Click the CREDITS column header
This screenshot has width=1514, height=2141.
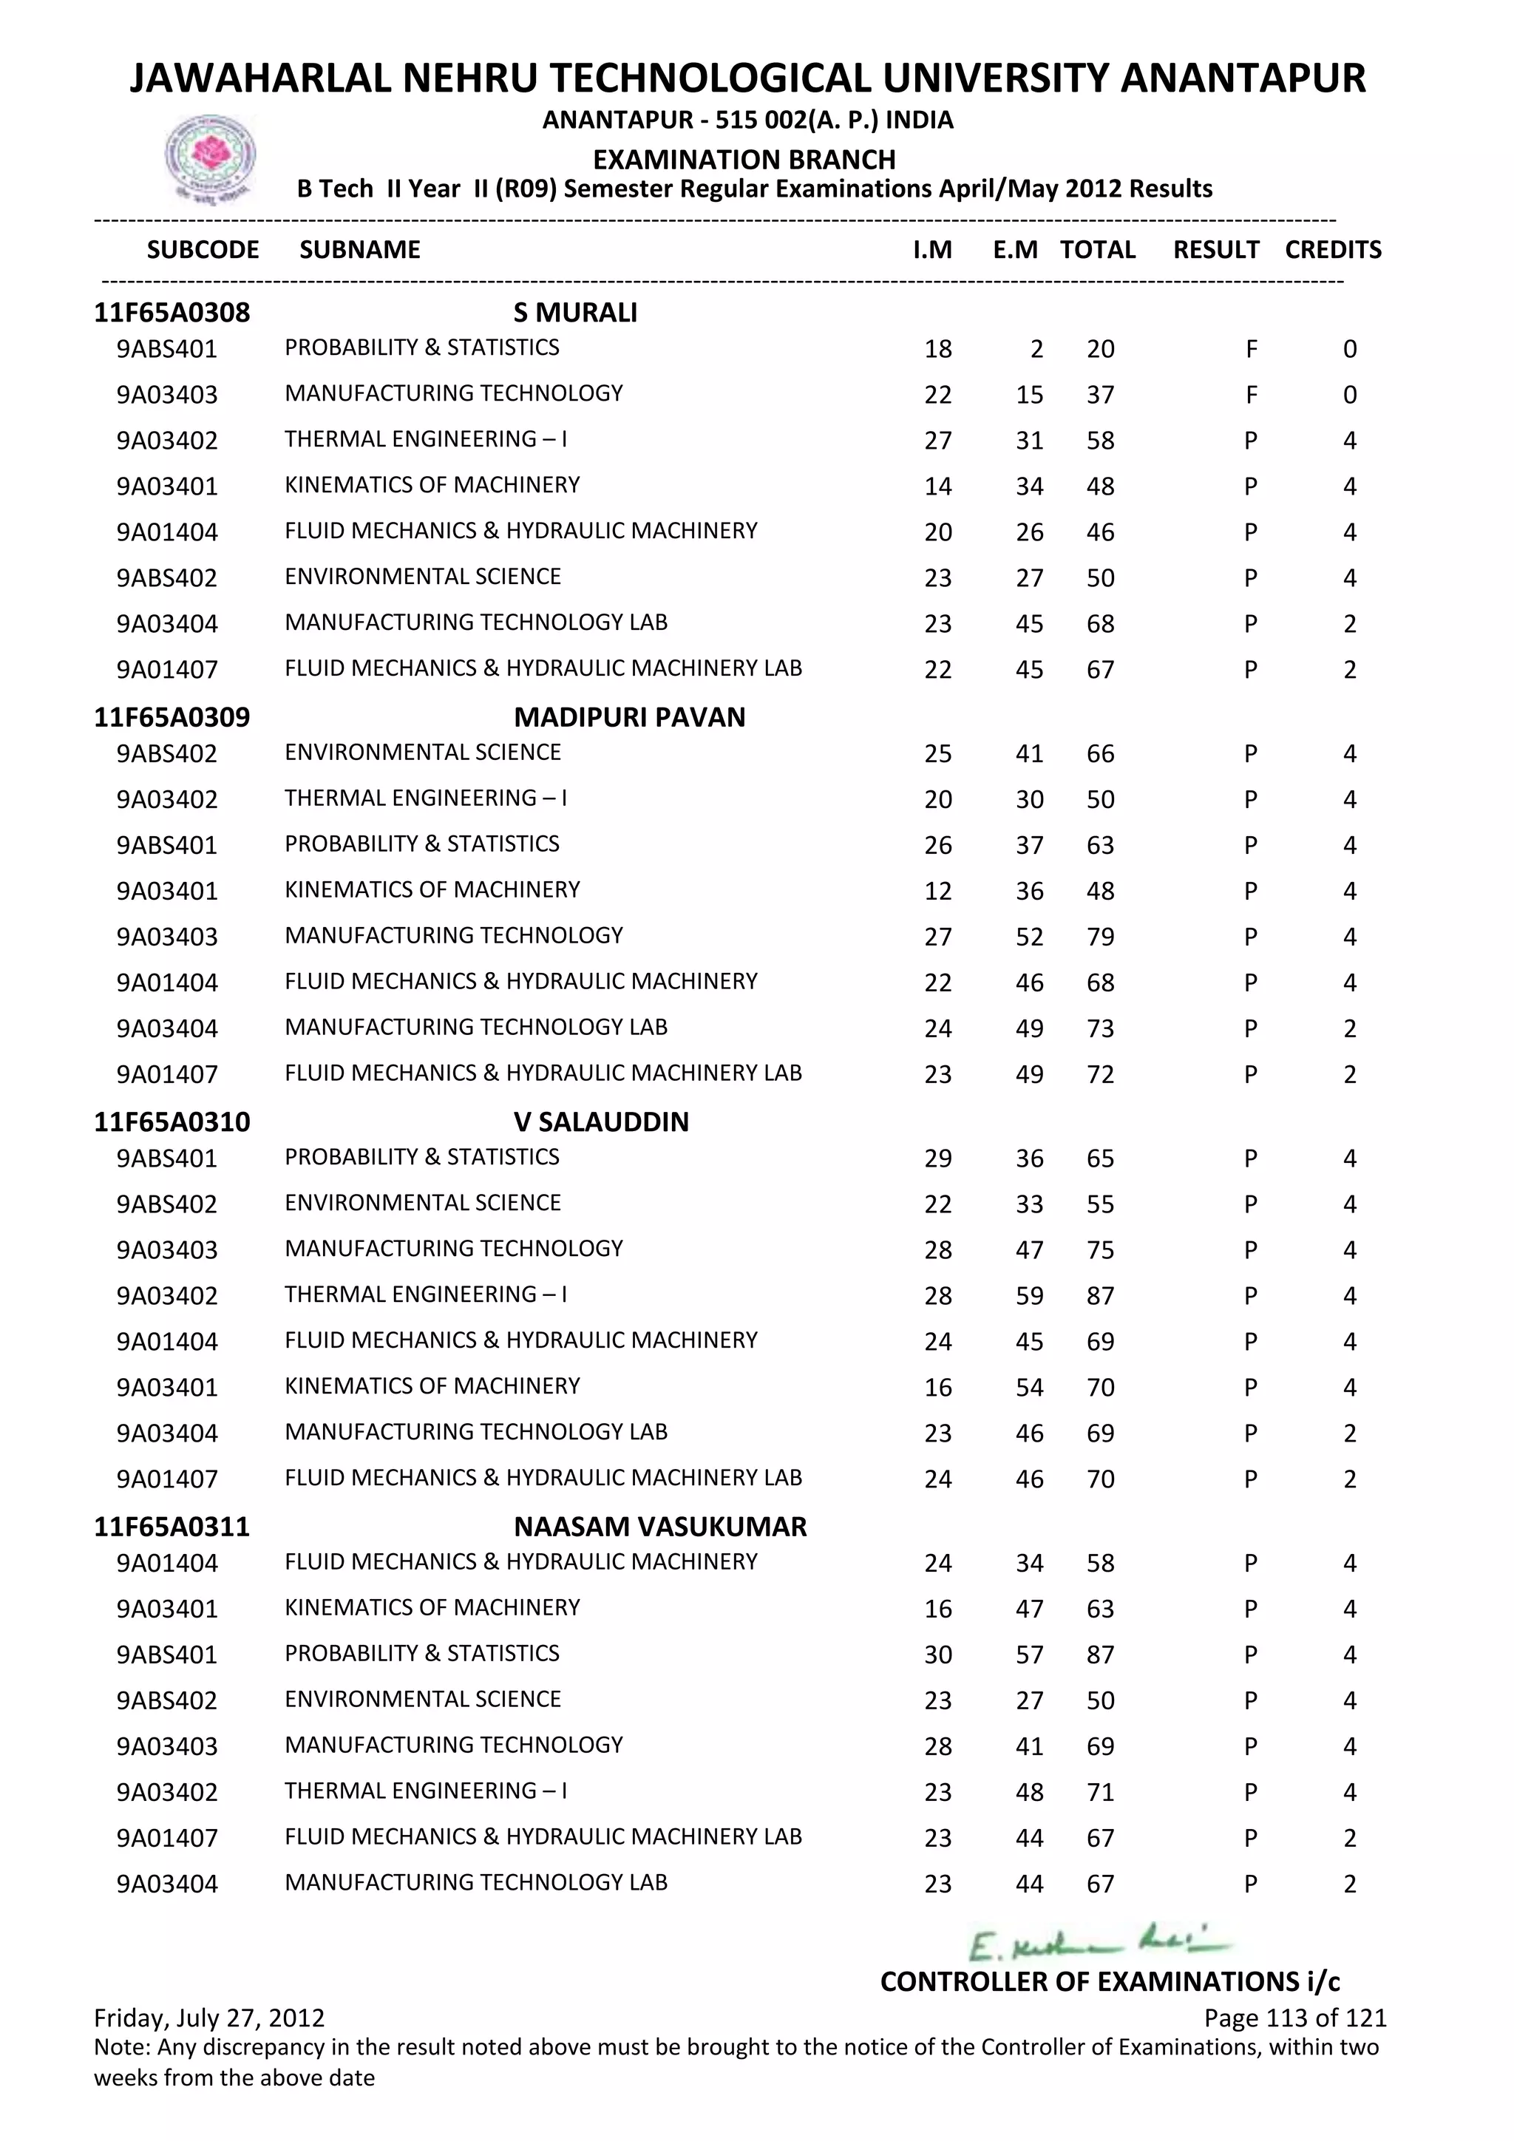coord(1332,250)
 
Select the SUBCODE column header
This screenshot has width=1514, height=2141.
coord(203,250)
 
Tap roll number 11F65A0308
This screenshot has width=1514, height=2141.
coord(172,313)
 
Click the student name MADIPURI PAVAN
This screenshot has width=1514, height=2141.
coord(629,717)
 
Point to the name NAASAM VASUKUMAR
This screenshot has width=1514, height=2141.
coord(660,1527)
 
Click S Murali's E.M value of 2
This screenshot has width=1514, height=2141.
coord(1036,349)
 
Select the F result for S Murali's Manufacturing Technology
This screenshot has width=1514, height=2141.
coord(1250,395)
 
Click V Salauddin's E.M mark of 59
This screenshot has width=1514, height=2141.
coord(1029,1296)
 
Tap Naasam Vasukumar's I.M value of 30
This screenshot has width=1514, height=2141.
coord(938,1655)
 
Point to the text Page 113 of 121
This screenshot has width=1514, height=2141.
coord(1295,2019)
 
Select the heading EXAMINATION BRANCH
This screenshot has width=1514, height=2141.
coord(744,160)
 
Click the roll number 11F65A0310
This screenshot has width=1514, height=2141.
coord(172,1122)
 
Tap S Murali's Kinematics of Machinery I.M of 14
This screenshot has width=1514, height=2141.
coord(938,486)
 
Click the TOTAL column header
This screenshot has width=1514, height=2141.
coord(1097,250)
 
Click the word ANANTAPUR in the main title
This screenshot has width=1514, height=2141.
coord(1243,78)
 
